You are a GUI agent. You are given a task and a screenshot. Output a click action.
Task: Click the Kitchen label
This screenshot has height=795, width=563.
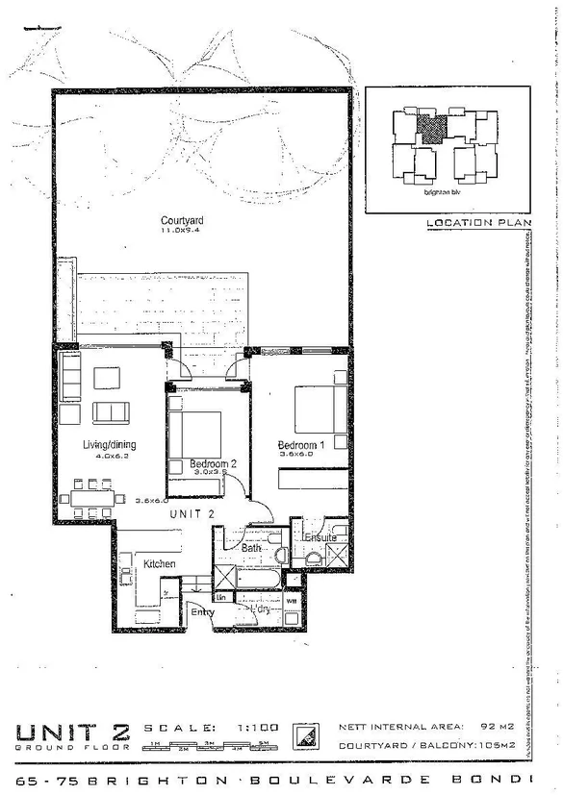pos(159,563)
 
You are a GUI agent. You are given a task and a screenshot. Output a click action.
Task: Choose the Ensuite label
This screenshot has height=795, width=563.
pos(321,538)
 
